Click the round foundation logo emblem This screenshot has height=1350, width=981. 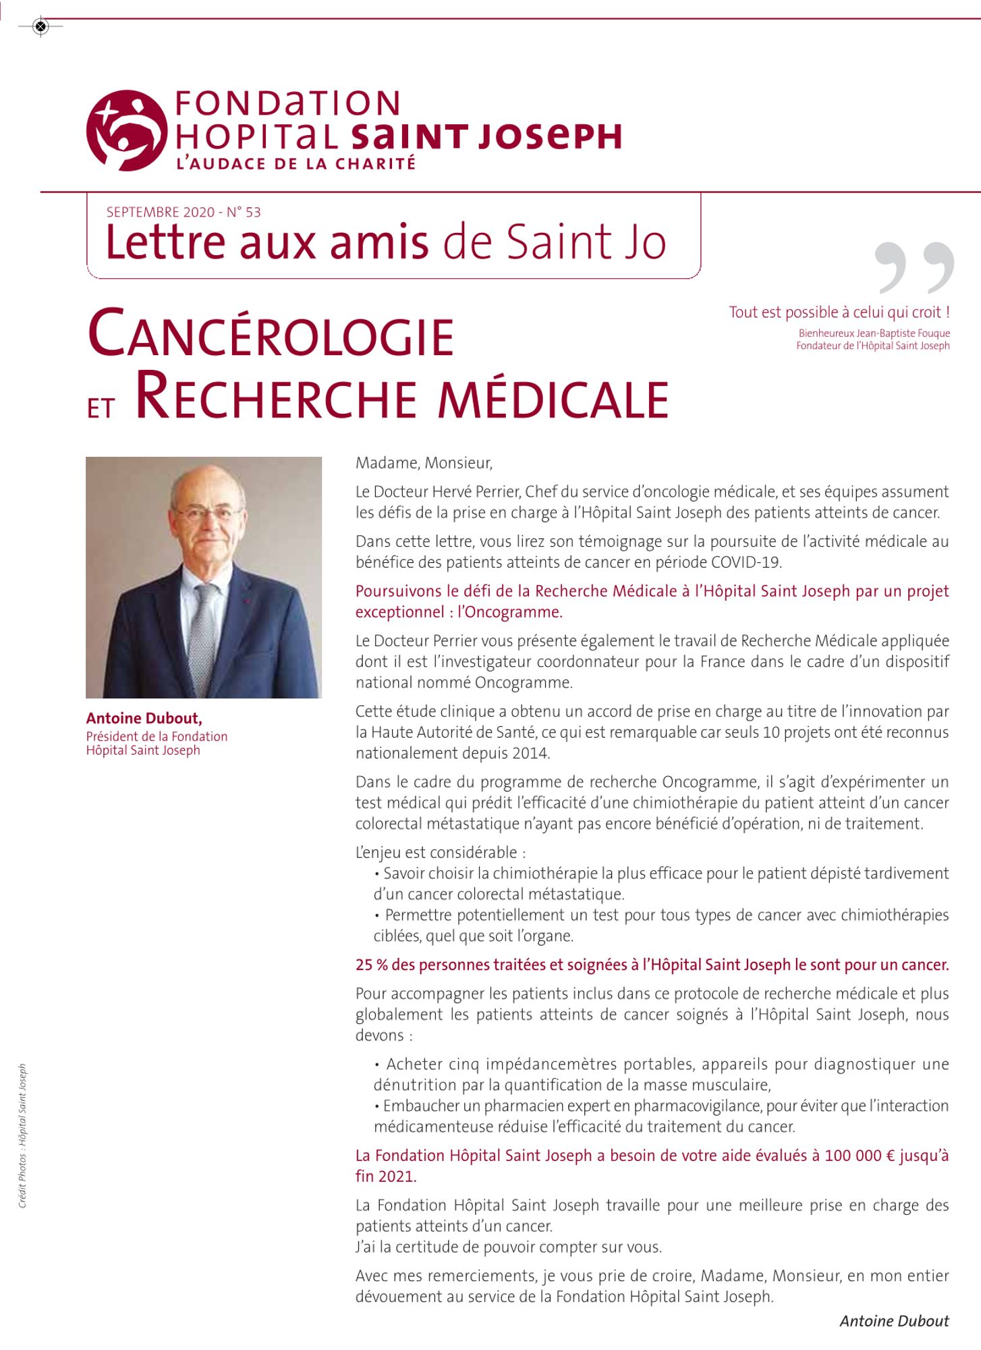(127, 130)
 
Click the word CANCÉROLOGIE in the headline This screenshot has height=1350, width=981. (271, 335)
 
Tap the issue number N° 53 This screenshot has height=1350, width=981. (244, 212)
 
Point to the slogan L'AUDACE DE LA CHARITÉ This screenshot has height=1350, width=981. (296, 164)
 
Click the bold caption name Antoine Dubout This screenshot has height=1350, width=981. (144, 718)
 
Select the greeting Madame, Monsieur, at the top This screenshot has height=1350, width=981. (424, 463)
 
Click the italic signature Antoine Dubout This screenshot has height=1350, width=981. (894, 1321)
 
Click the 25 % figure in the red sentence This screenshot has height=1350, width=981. (371, 965)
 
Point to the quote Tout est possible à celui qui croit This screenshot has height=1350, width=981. (839, 313)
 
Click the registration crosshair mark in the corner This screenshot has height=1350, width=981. (40, 26)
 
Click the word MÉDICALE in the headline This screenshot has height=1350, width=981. (553, 399)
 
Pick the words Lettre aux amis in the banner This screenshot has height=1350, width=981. (267, 242)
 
